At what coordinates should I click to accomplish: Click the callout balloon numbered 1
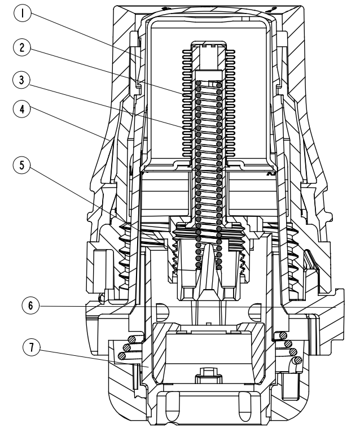(x=23, y=14)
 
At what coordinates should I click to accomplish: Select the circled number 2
(x=22, y=47)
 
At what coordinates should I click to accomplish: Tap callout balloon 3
(x=22, y=80)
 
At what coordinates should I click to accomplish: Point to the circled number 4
(x=22, y=109)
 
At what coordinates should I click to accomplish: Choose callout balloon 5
(x=22, y=165)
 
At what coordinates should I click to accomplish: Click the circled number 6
(x=30, y=306)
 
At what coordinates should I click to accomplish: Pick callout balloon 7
(x=32, y=347)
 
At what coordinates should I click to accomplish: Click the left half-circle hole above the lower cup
(x=163, y=312)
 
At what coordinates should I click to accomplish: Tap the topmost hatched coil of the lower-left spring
(x=132, y=339)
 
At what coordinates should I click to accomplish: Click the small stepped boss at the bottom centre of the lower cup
(x=208, y=374)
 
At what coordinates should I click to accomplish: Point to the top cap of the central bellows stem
(x=208, y=45)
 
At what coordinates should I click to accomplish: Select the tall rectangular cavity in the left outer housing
(x=103, y=269)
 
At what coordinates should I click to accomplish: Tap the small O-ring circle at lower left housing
(x=101, y=298)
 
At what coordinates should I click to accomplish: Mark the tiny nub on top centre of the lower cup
(x=209, y=324)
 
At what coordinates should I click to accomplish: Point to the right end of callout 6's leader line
(x=336, y=307)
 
